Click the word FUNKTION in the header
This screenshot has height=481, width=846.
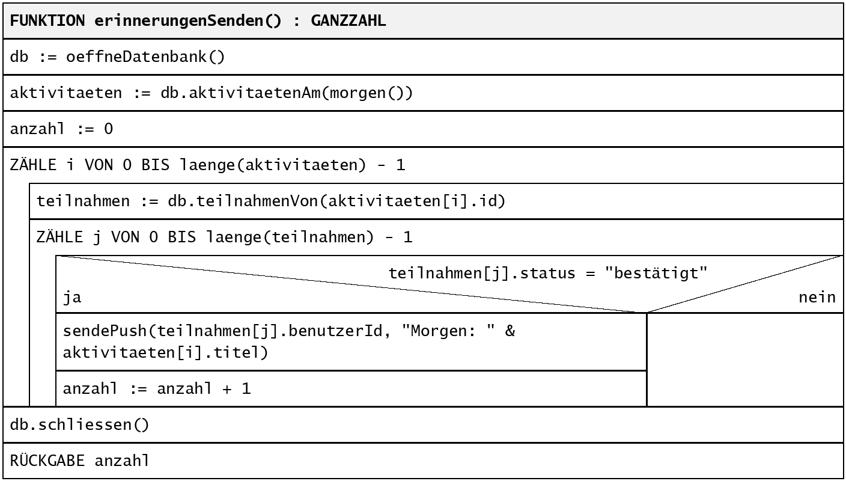(x=47, y=20)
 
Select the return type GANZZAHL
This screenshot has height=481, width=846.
(x=348, y=20)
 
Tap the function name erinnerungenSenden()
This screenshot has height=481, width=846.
(x=188, y=21)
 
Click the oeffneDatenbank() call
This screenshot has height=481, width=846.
(x=145, y=57)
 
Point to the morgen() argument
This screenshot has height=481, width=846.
(x=367, y=93)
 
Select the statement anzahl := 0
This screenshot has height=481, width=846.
(x=61, y=129)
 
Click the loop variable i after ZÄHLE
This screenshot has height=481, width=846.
(x=71, y=165)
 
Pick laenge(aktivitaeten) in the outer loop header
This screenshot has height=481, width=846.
(x=273, y=165)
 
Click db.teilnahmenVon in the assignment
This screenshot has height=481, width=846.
(x=243, y=201)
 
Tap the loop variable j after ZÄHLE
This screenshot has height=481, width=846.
(x=97, y=237)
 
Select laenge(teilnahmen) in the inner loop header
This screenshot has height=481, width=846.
(x=290, y=237)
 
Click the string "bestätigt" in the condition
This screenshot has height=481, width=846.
(x=656, y=273)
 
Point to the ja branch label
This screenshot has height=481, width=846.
(x=72, y=298)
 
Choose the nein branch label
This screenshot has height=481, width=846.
(x=817, y=298)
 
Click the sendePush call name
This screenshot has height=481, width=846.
(x=105, y=331)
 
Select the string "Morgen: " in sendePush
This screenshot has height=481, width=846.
(x=448, y=331)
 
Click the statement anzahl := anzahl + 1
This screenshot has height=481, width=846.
(x=157, y=388)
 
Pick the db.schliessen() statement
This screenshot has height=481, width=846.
(x=80, y=424)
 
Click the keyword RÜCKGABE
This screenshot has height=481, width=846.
(x=47, y=460)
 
